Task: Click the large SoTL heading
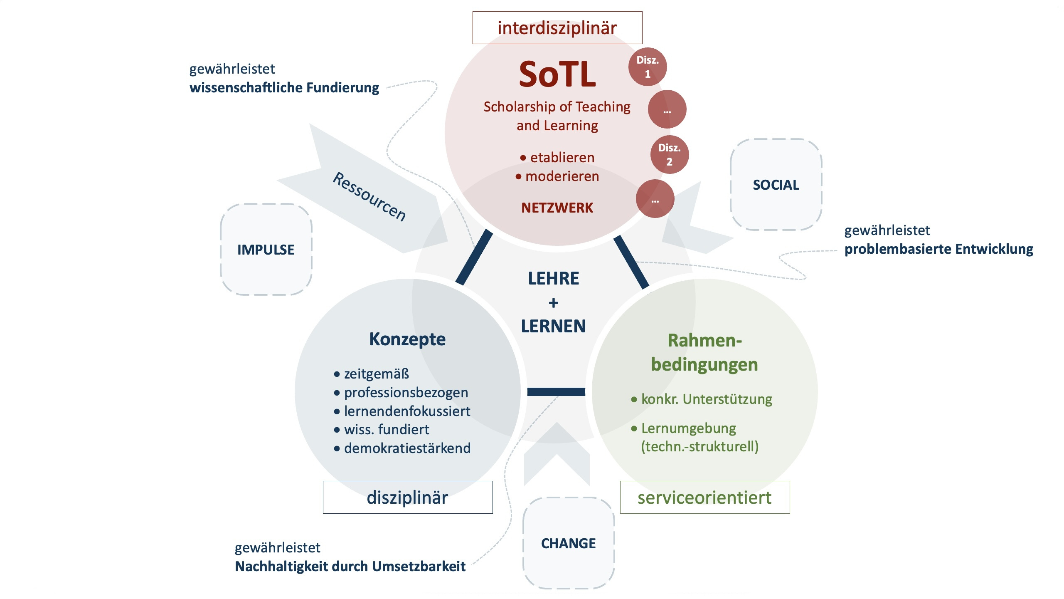(557, 74)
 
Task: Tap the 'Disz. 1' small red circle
(647, 67)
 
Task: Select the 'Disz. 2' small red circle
(669, 155)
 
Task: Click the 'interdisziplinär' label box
(557, 28)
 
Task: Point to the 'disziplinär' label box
(407, 498)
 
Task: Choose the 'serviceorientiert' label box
(704, 498)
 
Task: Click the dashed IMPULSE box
(266, 250)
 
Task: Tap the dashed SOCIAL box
(776, 185)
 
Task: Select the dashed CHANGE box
(568, 543)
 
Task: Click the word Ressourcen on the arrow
(369, 196)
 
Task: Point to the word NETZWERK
(557, 208)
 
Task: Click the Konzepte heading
(407, 339)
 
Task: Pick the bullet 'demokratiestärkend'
(407, 448)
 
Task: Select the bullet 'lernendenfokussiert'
(407, 411)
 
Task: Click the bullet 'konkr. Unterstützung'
(706, 399)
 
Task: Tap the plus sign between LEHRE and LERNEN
(553, 303)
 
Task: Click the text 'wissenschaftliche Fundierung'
(284, 88)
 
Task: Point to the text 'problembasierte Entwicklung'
(938, 249)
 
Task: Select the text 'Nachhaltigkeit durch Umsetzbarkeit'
(350, 567)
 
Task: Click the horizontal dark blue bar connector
(556, 392)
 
